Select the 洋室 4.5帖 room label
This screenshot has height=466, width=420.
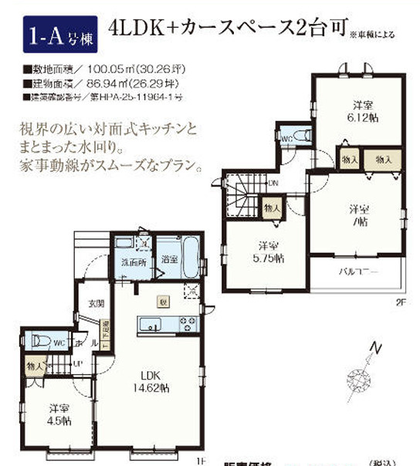click(x=56, y=415)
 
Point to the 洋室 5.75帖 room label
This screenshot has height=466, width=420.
click(x=267, y=252)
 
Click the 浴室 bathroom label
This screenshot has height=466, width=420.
click(x=170, y=260)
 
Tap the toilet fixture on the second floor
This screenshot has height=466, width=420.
click(x=300, y=136)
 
